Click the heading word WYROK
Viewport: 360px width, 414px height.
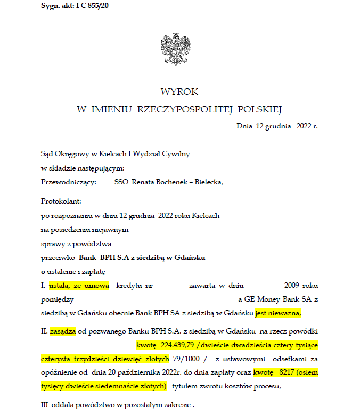[x=179, y=92]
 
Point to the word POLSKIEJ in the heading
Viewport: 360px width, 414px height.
[x=259, y=109]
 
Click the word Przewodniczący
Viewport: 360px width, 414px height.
[x=68, y=182]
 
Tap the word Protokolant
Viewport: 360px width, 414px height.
[x=60, y=201]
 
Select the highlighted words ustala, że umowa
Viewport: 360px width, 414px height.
[x=79, y=286]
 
